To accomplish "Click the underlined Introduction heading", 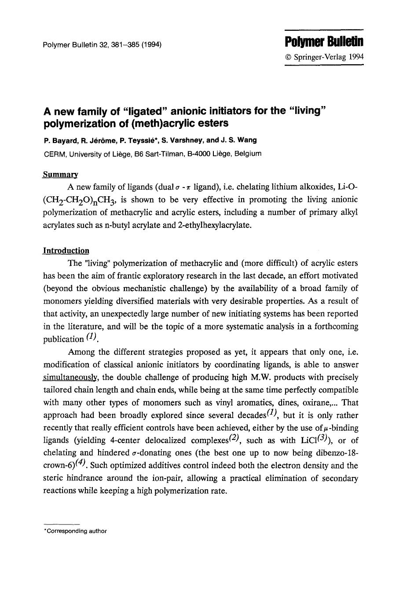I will point(66,251).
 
